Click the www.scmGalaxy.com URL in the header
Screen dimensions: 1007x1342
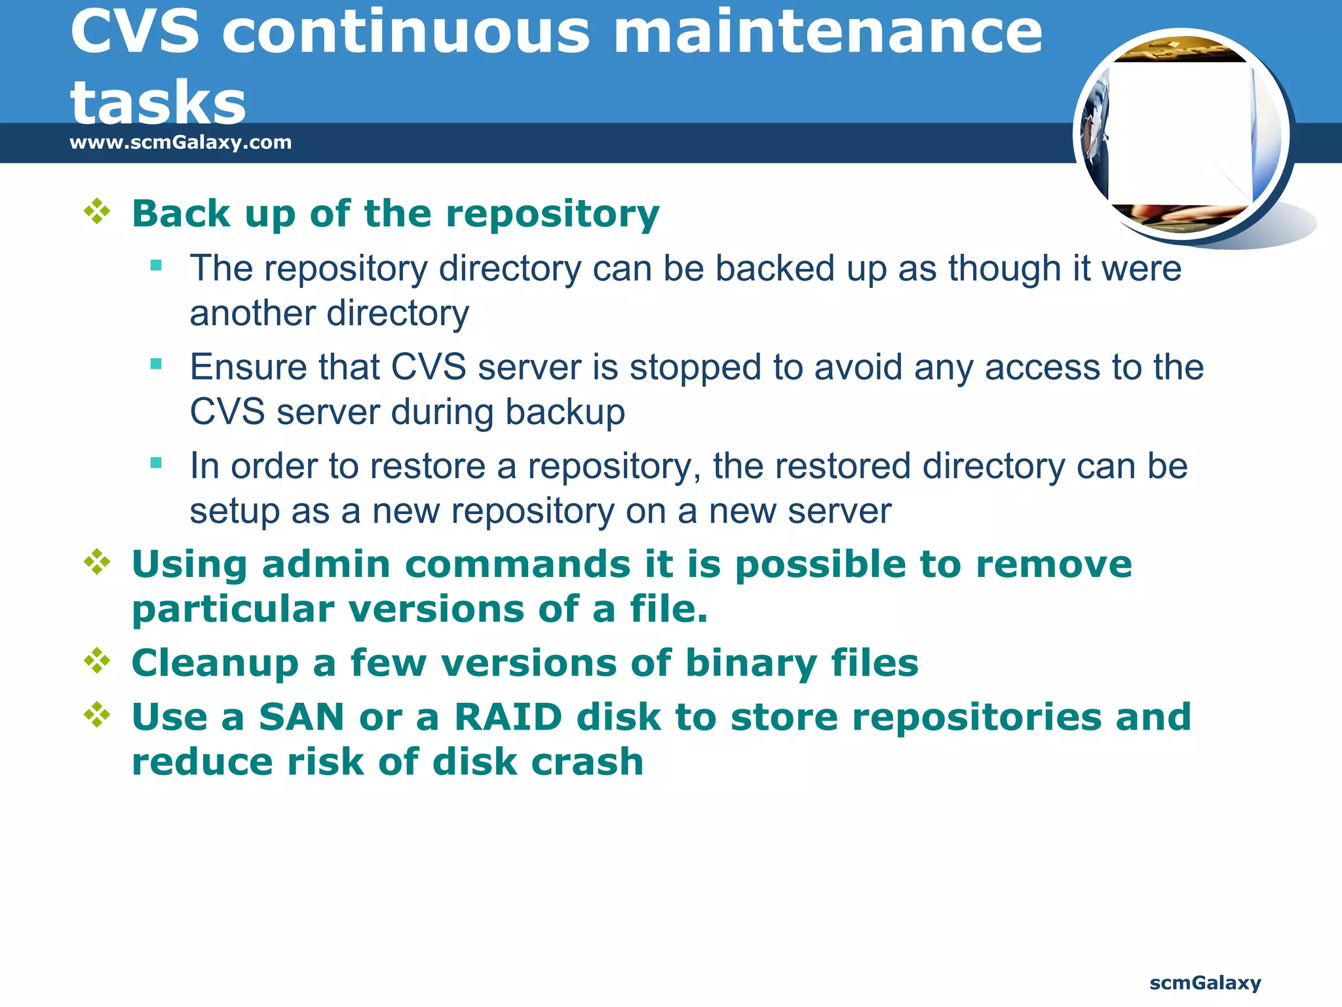[180, 142]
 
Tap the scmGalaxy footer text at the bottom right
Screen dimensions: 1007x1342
[1205, 983]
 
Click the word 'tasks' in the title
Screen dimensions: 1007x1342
[158, 103]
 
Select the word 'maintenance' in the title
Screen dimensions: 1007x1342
[828, 32]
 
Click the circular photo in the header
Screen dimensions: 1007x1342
[1182, 136]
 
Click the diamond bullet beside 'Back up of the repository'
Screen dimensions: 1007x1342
[97, 211]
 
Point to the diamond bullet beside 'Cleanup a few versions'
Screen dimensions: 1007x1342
[97, 661]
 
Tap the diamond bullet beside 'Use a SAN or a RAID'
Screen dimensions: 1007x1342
[97, 715]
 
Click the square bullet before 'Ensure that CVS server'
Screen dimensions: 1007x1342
[156, 365]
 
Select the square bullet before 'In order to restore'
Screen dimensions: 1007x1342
[156, 464]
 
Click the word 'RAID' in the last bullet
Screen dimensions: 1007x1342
[508, 717]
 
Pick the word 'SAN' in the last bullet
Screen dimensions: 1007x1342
[301, 717]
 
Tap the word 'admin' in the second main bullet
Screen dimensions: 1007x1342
[326, 564]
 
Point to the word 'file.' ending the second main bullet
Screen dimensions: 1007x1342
[668, 609]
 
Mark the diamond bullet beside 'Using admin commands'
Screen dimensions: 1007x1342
[97, 562]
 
